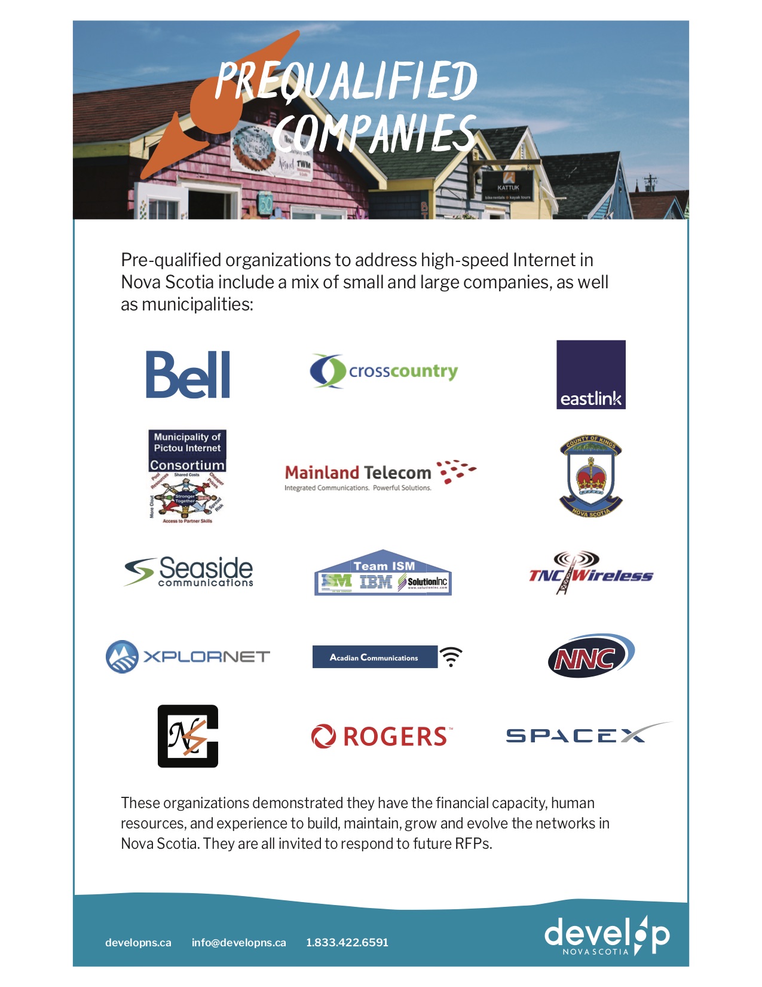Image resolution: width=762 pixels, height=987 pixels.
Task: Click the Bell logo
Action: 188,374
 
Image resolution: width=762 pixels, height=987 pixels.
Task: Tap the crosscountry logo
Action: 384,371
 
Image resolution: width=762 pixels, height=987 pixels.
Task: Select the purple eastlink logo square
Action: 590,374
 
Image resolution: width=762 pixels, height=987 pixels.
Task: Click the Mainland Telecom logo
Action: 380,476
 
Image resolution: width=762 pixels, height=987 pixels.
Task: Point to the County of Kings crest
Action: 591,477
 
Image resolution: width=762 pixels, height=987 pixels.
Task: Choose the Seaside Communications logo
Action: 189,571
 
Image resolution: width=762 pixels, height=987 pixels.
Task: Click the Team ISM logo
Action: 383,573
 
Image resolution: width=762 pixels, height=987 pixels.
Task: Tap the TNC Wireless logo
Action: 590,572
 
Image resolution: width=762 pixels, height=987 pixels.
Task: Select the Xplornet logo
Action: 188,656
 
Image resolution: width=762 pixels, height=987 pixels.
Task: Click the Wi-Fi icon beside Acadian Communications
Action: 451,657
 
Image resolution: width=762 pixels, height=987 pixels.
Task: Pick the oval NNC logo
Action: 590,656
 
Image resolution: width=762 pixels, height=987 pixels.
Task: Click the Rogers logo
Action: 382,736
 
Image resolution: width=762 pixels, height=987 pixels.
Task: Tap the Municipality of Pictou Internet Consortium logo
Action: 187,477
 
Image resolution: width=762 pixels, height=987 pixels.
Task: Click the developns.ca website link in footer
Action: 138,942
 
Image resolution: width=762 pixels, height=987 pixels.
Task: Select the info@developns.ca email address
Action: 238,942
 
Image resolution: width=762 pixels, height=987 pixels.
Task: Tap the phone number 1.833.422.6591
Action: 347,942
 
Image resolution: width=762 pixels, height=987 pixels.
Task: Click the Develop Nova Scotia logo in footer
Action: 607,935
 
